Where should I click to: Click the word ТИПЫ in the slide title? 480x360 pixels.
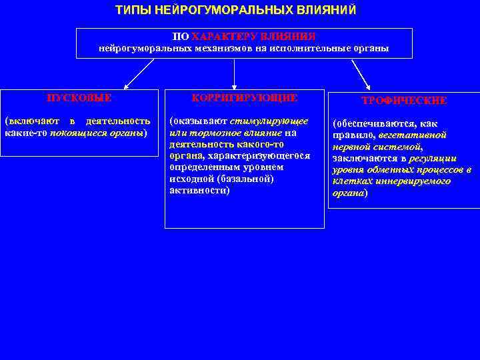[x=130, y=11]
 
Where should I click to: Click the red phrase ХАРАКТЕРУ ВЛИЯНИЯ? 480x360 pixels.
[x=253, y=37]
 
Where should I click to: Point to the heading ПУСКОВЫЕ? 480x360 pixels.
[x=79, y=98]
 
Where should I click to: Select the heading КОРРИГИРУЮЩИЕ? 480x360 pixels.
[x=245, y=98]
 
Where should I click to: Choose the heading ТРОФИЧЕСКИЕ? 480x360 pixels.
[x=404, y=101]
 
